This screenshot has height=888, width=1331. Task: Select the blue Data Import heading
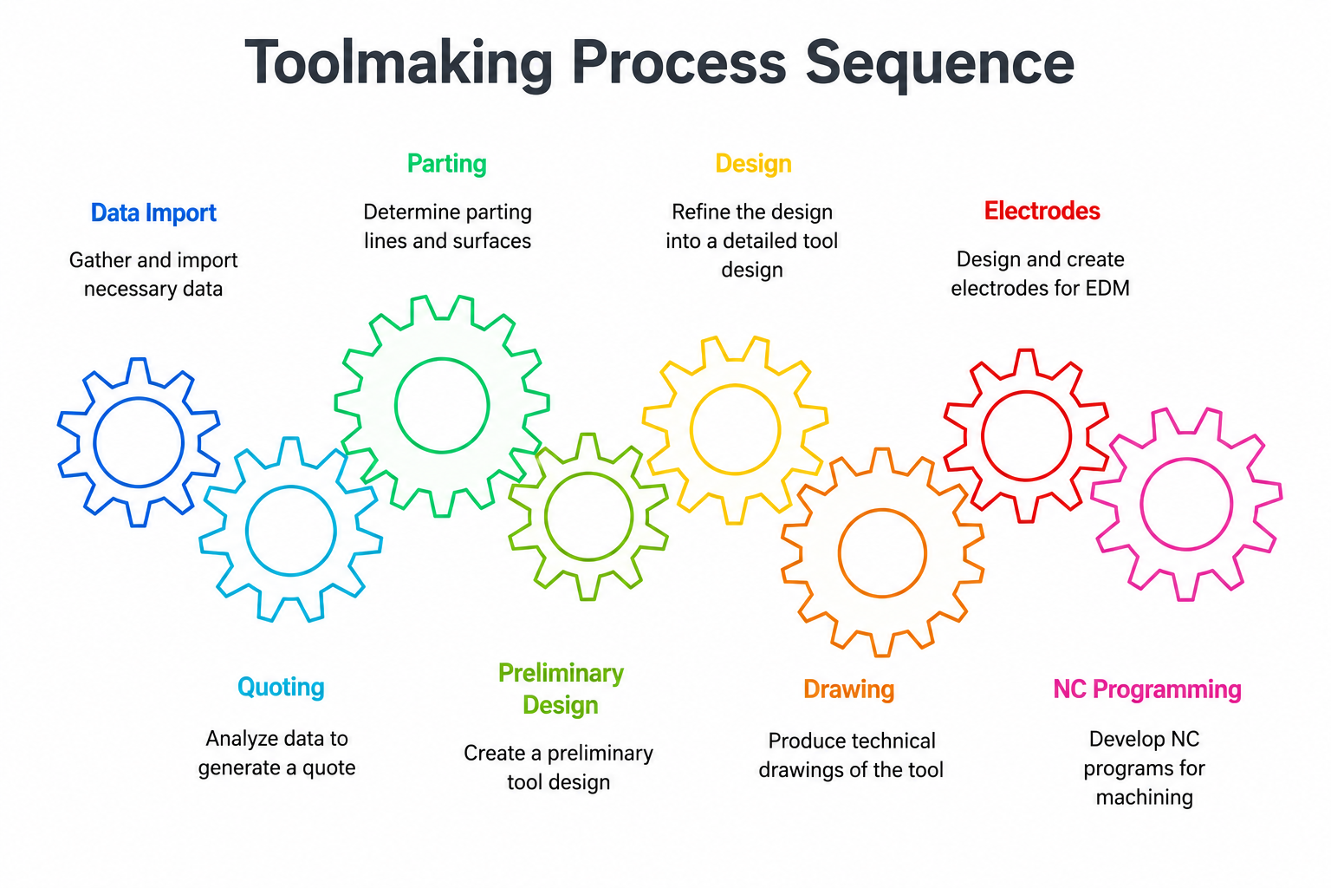[x=153, y=213]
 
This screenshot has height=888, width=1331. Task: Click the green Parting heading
[x=447, y=164]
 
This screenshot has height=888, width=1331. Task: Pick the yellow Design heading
[x=753, y=164]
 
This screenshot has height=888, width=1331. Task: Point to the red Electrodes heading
[x=1042, y=211]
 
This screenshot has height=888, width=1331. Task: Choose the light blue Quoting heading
[x=281, y=688]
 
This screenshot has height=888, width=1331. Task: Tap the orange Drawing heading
[x=848, y=690]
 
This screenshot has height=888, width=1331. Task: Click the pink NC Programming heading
[x=1147, y=690]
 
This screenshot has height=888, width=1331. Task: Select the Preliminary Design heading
[x=561, y=689]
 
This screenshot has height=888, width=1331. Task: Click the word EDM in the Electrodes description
[x=1107, y=289]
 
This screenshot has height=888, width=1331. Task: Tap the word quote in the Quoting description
[x=329, y=768]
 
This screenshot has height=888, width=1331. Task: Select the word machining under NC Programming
[x=1145, y=798]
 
